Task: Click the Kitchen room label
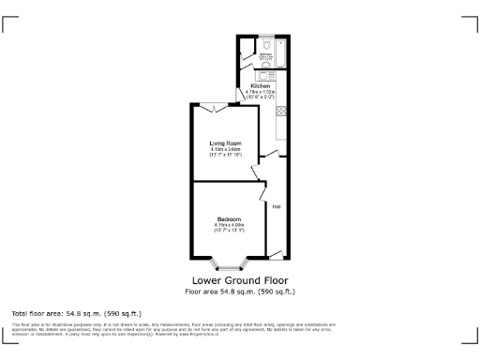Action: pyautogui.click(x=260, y=85)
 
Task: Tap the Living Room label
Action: pyautogui.click(x=226, y=143)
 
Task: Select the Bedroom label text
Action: pyautogui.click(x=228, y=219)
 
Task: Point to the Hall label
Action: pyautogui.click(x=277, y=205)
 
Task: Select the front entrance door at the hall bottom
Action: pyautogui.click(x=276, y=252)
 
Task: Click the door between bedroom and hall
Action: pyautogui.click(x=260, y=194)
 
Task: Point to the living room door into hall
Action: pyautogui.click(x=256, y=172)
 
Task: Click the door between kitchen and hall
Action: pyautogui.click(x=271, y=154)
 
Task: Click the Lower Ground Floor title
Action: pyautogui.click(x=240, y=279)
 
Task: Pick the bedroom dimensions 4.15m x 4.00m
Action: pyautogui.click(x=228, y=225)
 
